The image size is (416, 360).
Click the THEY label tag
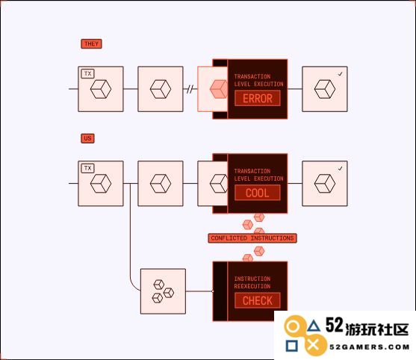[x=91, y=44]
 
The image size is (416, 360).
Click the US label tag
[x=87, y=138]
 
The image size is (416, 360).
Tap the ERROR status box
[x=258, y=98]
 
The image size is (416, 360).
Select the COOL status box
[x=258, y=193]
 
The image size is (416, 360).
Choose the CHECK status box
[x=258, y=300]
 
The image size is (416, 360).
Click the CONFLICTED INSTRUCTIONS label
[x=252, y=238]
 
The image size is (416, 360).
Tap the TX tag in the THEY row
[x=88, y=73]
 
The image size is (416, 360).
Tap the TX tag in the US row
[x=88, y=168]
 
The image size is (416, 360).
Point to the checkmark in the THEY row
[x=340, y=74]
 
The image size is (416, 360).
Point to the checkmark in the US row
[x=340, y=169]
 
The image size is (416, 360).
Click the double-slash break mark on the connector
[x=190, y=89]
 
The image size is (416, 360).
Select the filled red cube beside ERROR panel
[x=219, y=89]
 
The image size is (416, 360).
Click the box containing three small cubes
[x=163, y=291]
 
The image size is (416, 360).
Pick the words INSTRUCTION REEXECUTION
[x=252, y=282]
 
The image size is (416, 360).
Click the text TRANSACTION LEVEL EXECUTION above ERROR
[x=258, y=80]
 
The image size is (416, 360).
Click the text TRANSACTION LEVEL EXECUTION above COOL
[x=258, y=175]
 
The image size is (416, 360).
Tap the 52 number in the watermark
[x=335, y=325]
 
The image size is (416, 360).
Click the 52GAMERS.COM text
[x=370, y=347]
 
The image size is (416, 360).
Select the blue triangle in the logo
[x=314, y=326]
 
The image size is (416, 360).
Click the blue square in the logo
[x=291, y=346]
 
